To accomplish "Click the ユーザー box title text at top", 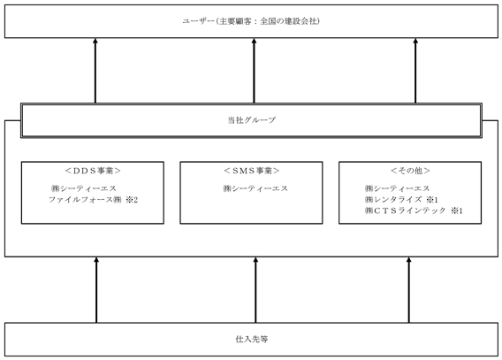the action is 251,21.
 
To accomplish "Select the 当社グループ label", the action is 251,120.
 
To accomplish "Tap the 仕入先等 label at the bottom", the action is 252,339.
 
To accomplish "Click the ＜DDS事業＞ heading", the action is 93,171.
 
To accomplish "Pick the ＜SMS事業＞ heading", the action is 251,171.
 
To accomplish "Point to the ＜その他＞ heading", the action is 410,171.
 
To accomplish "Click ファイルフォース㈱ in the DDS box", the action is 85,200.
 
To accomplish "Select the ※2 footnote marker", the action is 132,200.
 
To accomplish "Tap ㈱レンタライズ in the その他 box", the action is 393,200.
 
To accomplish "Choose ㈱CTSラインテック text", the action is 405,211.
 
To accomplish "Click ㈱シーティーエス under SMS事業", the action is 255,188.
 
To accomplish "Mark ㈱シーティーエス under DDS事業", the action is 84,188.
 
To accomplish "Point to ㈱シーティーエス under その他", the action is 397,188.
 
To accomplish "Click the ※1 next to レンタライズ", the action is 432,200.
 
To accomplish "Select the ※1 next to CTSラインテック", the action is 457,211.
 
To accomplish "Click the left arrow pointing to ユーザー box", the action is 95,71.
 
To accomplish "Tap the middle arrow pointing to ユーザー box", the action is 254,71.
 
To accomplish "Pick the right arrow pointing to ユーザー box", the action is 415,71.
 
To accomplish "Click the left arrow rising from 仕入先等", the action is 96,290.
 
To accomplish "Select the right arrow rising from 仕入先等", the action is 408,290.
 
